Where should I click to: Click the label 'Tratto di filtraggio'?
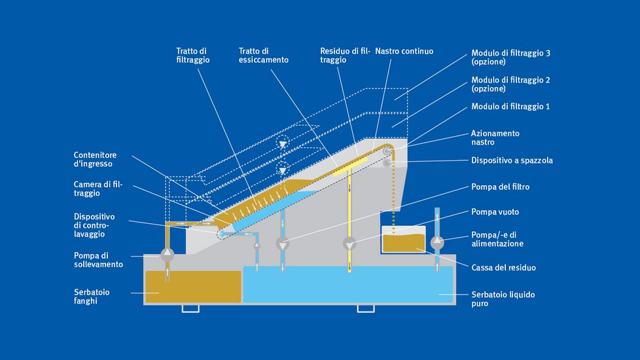pyautogui.click(x=192, y=55)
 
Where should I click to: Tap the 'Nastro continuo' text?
pyautogui.click(x=404, y=51)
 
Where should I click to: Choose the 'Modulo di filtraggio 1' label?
pyautogui.click(x=510, y=106)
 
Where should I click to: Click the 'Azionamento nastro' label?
pyautogui.click(x=495, y=137)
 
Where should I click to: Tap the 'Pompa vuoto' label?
pyautogui.click(x=495, y=212)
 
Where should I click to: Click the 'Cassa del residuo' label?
pyautogui.click(x=503, y=267)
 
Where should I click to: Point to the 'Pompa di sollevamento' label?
pyautogui.click(x=98, y=260)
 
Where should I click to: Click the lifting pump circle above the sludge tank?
pyautogui.click(x=168, y=251)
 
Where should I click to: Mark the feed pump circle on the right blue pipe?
pyautogui.click(x=437, y=243)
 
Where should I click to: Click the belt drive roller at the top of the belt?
pyautogui.click(x=388, y=152)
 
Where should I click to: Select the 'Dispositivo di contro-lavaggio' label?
pyautogui.click(x=94, y=225)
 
